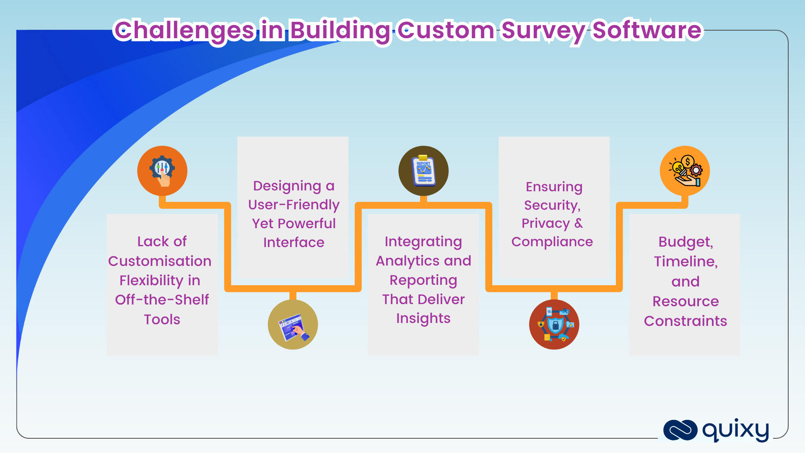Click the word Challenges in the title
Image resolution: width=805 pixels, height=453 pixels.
click(184, 31)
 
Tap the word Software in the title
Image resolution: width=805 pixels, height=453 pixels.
click(647, 31)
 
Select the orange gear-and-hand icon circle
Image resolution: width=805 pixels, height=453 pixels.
click(162, 171)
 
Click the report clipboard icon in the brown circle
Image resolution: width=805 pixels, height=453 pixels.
click(423, 171)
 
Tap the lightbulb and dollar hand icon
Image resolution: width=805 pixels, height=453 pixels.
click(685, 171)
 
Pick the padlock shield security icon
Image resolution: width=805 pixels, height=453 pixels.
click(554, 325)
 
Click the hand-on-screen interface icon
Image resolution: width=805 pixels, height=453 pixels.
click(293, 325)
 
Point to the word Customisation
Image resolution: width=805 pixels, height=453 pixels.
click(160, 261)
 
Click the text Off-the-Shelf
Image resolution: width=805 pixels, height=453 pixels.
click(162, 299)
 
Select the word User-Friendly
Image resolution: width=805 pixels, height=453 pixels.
click(293, 204)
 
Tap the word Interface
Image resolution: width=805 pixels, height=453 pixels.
click(293, 242)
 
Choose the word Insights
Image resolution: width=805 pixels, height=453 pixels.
click(423, 318)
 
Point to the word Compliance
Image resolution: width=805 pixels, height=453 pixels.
click(552, 242)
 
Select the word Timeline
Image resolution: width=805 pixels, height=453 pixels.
click(686, 261)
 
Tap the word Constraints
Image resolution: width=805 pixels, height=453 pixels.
click(685, 321)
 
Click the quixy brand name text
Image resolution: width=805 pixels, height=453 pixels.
click(735, 430)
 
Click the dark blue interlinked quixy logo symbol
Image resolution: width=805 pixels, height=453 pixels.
click(680, 430)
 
